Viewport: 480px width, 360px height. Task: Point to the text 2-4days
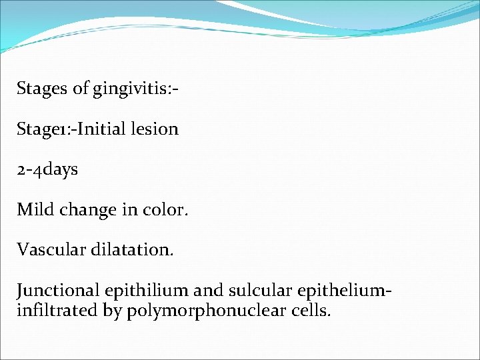(47, 169)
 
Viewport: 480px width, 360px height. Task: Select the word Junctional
(58, 291)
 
